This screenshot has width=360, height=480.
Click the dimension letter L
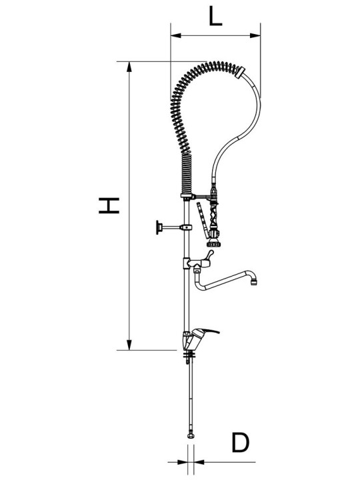click(215, 15)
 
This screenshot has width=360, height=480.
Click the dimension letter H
click(109, 205)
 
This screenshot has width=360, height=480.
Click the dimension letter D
click(240, 442)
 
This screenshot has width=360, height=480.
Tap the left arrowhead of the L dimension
click(176, 36)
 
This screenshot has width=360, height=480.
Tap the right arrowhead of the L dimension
click(255, 36)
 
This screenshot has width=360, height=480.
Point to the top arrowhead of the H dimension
click(130, 67)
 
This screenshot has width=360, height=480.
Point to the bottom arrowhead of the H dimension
click(130, 345)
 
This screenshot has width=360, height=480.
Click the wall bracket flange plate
click(158, 227)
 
